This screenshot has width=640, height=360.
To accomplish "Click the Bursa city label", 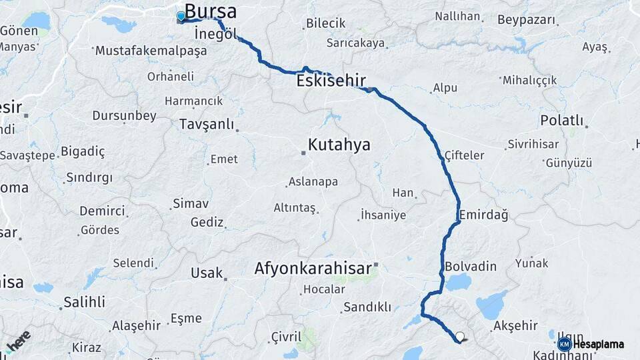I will pos(210,11).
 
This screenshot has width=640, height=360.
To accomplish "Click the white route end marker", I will pos(459,337).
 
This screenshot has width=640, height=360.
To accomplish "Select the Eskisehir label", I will pos(331,81).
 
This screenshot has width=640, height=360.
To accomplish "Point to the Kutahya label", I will pos(339,145).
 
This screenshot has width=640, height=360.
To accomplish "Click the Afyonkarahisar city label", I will pos(312,268).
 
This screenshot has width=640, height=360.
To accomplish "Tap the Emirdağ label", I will pos(483,215).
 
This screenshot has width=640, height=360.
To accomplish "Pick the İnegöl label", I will pos(215,34).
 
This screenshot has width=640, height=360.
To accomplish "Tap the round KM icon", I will pos(564,345).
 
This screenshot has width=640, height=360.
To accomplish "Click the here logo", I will pos(19,341).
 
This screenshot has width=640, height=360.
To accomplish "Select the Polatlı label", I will pos(561,121).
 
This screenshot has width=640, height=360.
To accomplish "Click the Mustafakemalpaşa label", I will pos(147,51).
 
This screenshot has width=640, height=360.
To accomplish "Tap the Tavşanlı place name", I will pos(207,125).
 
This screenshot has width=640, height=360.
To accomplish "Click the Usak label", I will pos(206,273).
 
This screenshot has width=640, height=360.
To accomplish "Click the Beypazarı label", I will pos(527,20).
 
